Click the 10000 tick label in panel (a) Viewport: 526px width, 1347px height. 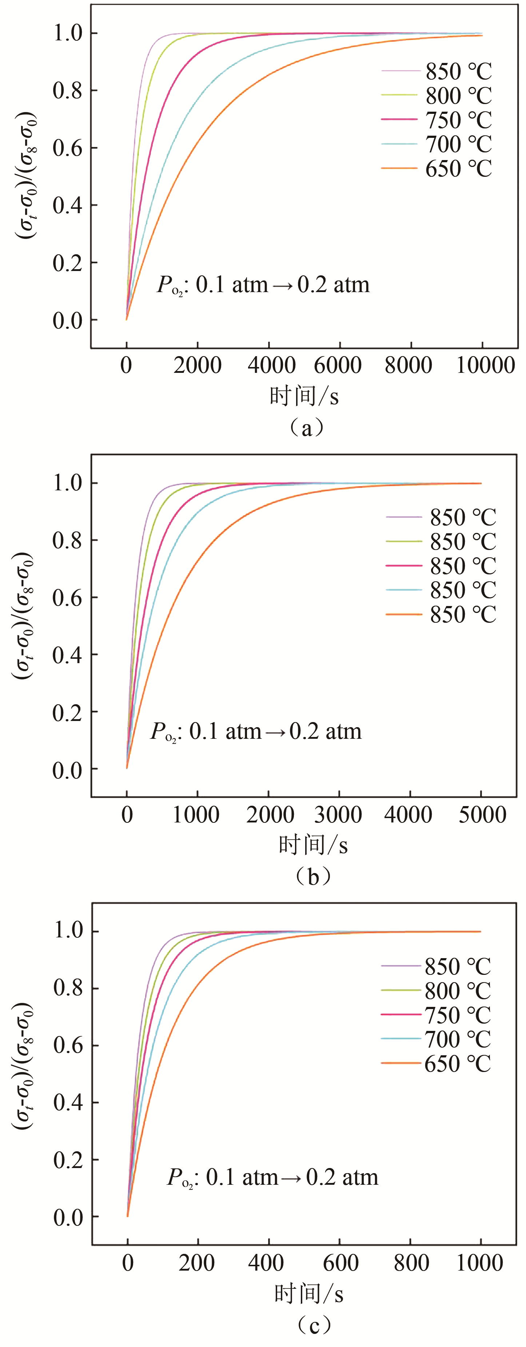tap(485, 364)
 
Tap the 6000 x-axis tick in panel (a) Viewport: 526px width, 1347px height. tap(338, 364)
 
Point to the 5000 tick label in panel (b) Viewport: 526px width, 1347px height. tap(482, 814)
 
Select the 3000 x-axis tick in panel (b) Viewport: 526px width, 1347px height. tap(338, 814)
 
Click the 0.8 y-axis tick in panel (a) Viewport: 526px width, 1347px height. tap(68, 91)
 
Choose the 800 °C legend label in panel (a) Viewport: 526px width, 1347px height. tap(458, 96)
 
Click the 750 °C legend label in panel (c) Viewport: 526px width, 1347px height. tap(457, 1015)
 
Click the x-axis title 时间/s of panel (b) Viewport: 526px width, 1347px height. tap(313, 845)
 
